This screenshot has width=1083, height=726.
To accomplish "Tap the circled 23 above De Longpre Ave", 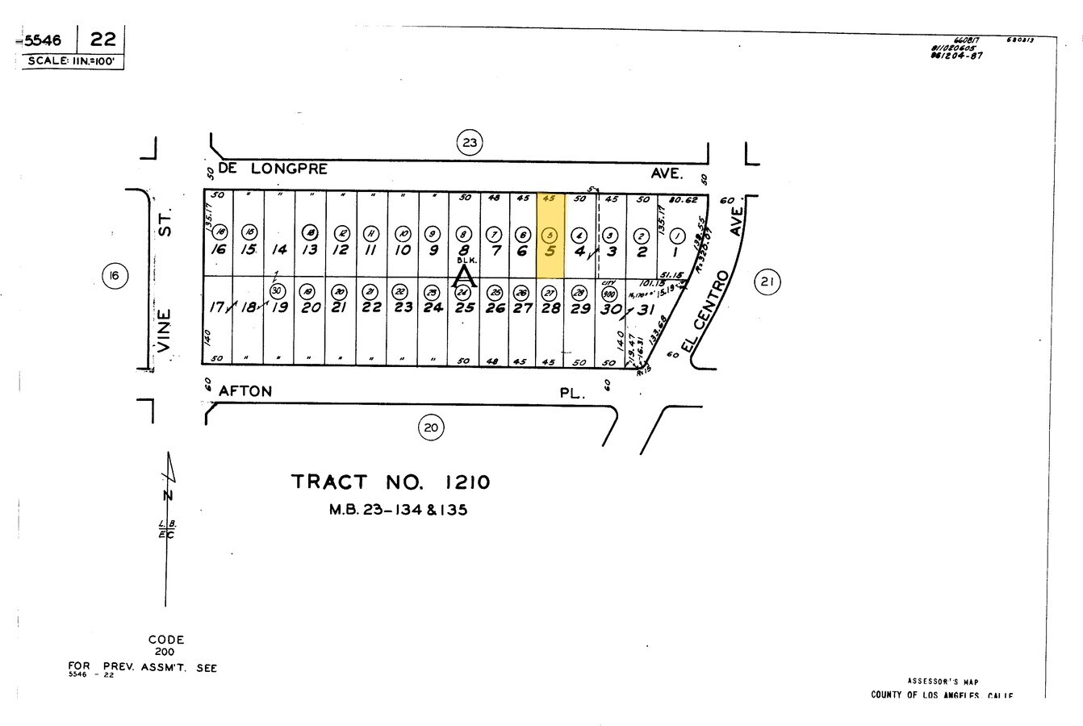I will click(469, 144).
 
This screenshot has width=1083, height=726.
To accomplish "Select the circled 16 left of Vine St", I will click(115, 277).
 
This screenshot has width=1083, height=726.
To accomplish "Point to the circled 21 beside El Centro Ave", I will click(767, 282).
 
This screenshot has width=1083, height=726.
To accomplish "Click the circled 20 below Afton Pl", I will click(430, 427).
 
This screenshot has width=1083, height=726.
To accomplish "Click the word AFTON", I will click(245, 391).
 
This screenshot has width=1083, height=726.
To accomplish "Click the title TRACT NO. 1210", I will click(391, 482).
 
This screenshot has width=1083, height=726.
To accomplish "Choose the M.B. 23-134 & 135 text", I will click(398, 510).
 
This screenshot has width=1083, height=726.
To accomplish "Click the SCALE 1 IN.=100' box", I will click(73, 61).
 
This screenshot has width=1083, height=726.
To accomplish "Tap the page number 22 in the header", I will click(102, 39).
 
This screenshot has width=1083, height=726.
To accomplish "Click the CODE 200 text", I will click(166, 645).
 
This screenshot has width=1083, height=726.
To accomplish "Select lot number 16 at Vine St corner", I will click(218, 250).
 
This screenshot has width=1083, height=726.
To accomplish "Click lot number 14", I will click(279, 250).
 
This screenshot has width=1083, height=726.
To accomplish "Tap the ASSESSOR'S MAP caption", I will click(943, 682).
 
